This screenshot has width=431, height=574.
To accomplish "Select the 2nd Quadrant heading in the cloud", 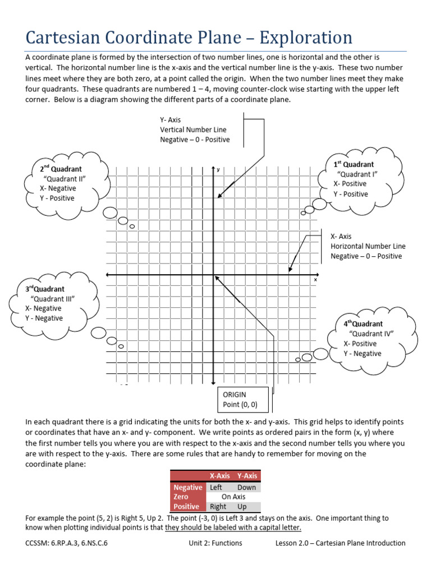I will tap(61, 169).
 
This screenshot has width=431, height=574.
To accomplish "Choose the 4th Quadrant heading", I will tap(363, 324).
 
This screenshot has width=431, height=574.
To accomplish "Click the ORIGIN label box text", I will tap(235, 395).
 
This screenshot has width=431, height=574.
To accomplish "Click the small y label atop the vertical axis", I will tap(218, 170).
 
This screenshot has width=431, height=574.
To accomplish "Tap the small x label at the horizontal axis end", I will tap(315, 280).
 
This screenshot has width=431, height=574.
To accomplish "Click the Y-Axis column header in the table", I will tap(246, 476).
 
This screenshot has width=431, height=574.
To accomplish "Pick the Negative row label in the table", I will tap(187, 488).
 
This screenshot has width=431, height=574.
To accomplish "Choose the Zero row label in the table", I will tap(181, 497).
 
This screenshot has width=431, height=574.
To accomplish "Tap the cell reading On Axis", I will tap(233, 497).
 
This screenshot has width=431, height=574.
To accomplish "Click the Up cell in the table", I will tap(242, 507).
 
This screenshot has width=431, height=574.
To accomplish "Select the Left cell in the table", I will tap(216, 488).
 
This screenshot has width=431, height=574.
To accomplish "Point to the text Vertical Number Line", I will tap(193, 129).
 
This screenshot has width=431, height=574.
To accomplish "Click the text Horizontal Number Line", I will tap(368, 246).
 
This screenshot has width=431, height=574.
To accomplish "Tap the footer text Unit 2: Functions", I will tap(215, 543).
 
